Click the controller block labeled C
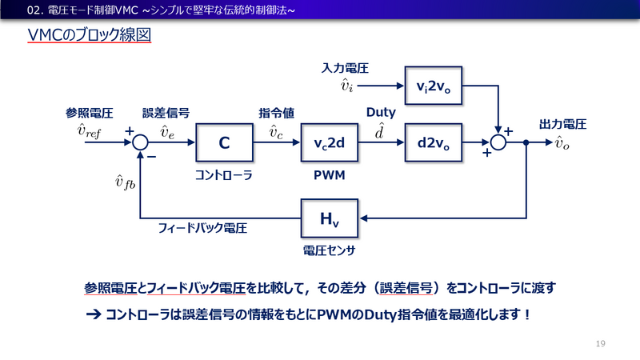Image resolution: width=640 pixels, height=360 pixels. pyautogui.click(x=224, y=144)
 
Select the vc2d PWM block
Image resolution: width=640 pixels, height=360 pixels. pyautogui.click(x=329, y=144)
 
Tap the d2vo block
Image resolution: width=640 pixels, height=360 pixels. pyautogui.click(x=433, y=144)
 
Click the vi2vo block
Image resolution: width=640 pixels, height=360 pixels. pyautogui.click(x=433, y=86)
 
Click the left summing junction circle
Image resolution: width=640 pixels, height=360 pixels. pyautogui.click(x=140, y=144)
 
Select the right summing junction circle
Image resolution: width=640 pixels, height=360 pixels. pyautogui.click(x=499, y=144)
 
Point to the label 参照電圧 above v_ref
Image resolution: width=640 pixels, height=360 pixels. pyautogui.click(x=88, y=112)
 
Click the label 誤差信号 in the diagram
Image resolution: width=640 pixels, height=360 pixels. pyautogui.click(x=166, y=112)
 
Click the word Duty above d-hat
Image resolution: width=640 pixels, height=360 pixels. pyautogui.click(x=380, y=112)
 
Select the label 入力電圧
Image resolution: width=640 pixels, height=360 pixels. pyautogui.click(x=345, y=69)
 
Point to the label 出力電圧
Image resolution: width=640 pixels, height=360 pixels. pyautogui.click(x=563, y=124)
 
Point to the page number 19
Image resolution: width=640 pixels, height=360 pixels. pyautogui.click(x=601, y=343)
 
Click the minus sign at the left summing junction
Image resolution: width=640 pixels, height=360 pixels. pyautogui.click(x=151, y=158)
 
